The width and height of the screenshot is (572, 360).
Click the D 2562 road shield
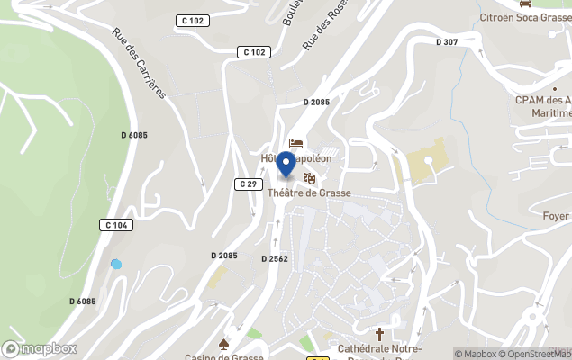pos(274,258)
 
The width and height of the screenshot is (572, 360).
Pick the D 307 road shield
pos(447,41)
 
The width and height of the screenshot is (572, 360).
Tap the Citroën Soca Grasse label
pos(525,16)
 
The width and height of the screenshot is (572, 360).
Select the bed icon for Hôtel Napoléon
pos(295,143)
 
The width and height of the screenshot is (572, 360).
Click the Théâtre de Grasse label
pos(309,193)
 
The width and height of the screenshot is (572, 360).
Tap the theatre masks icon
pos(310,179)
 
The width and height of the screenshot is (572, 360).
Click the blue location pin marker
pos(286,165)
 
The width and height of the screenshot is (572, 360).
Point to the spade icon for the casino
pos(223,344)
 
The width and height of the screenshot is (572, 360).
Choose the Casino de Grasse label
pos(224,356)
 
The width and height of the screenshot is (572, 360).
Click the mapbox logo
pos(39,348)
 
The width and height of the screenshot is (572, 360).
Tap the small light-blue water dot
pos(115,264)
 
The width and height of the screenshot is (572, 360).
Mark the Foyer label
pos(556,216)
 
